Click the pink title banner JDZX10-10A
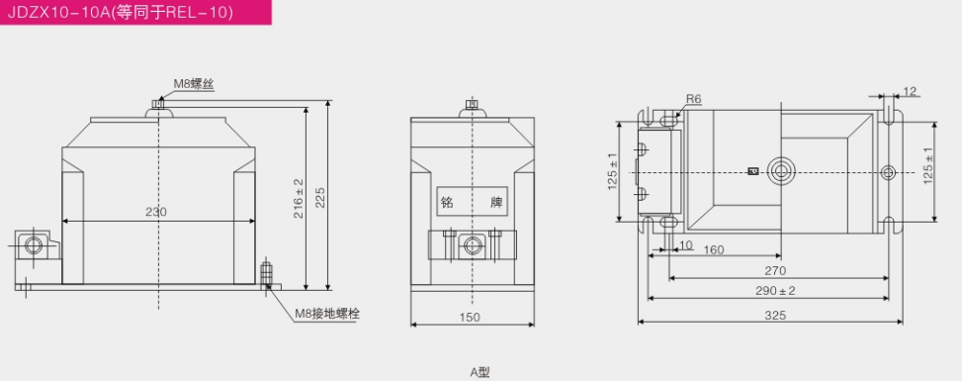tap(135, 12)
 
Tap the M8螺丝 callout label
tap(193, 85)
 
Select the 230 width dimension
tap(156, 212)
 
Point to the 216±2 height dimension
tap(299, 198)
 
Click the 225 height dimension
tap(319, 197)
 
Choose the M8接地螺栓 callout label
tap(327, 314)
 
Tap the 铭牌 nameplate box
tap(473, 201)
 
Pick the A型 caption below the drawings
tap(480, 372)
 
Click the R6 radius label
tap(693, 98)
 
